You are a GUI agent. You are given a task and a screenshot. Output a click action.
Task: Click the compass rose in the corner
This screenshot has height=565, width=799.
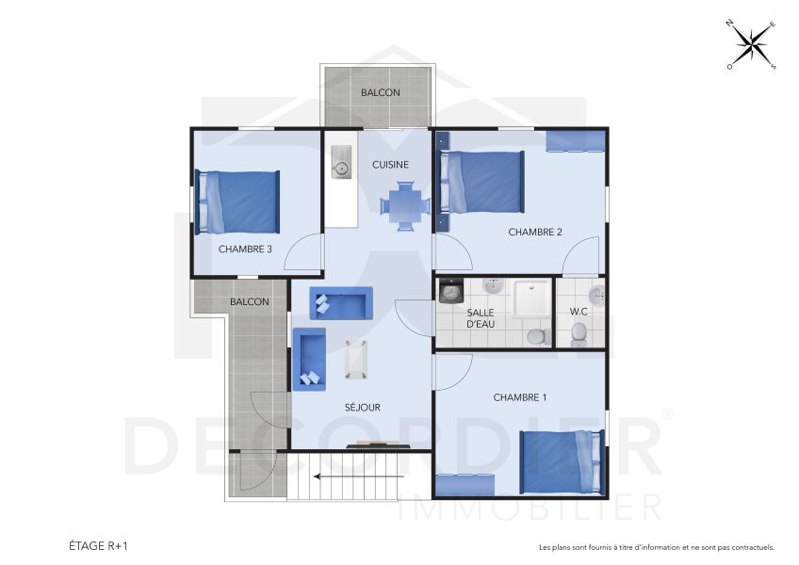click(750, 44)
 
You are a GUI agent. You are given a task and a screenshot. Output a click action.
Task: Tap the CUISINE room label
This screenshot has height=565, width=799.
click(390, 164)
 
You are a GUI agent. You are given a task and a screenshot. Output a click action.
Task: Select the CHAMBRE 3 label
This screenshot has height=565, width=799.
click(245, 250)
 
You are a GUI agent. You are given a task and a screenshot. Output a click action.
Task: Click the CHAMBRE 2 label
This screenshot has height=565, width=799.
click(535, 232)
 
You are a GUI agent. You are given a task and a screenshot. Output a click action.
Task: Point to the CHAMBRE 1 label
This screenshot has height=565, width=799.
click(519, 397)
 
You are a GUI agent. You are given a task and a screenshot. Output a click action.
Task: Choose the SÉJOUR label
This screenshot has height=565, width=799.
click(362, 408)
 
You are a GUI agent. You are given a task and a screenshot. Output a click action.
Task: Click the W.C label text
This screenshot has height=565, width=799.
click(579, 312)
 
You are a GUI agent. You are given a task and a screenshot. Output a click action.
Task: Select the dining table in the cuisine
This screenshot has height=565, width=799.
click(405, 205)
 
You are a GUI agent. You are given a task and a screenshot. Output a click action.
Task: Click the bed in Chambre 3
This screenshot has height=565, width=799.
click(239, 202)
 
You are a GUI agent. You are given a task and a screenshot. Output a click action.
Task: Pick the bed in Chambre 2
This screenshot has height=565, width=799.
click(482, 181)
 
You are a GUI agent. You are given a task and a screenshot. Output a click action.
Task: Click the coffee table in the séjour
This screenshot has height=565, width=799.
click(355, 359)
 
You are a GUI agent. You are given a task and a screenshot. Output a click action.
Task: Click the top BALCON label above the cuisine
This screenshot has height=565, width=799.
click(381, 92)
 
